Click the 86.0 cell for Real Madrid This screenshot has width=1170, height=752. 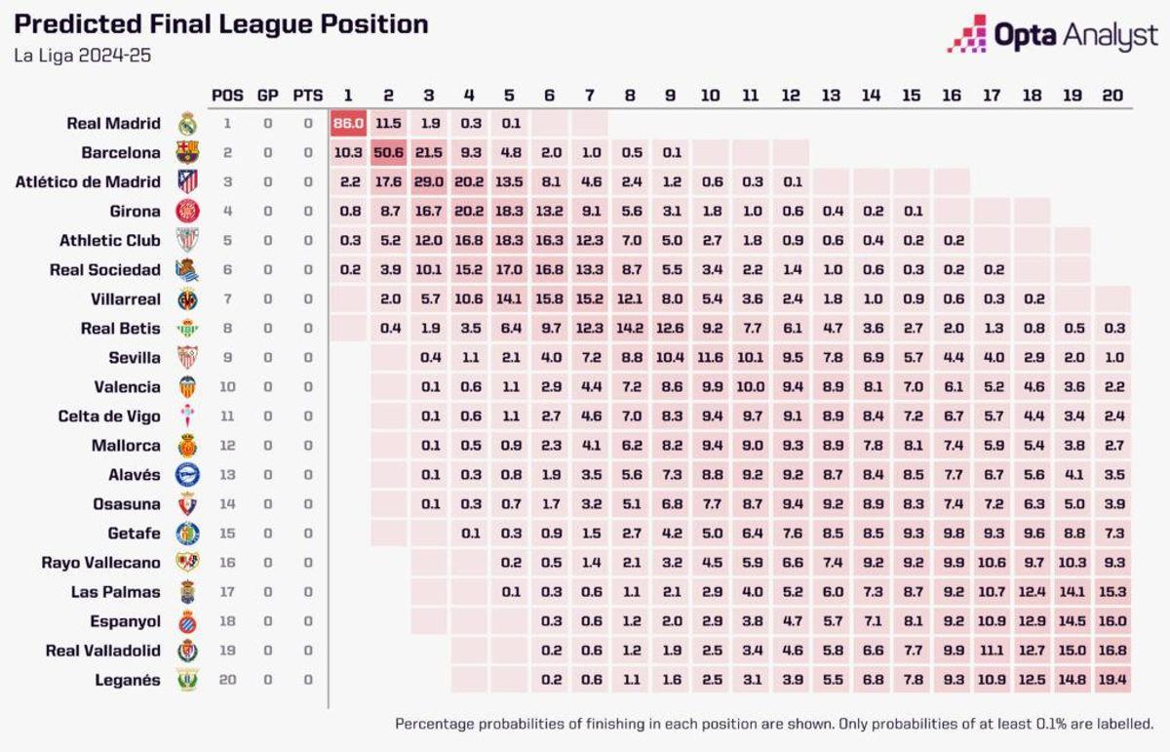pyautogui.click(x=347, y=124)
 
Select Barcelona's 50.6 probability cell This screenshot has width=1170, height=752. pyautogui.click(x=388, y=153)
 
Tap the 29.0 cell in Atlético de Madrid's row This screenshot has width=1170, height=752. pyautogui.click(x=429, y=182)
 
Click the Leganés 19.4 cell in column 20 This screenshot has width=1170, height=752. pyautogui.click(x=1111, y=680)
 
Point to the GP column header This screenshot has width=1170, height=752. pyautogui.click(x=267, y=96)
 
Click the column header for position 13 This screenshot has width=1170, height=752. pyautogui.click(x=831, y=96)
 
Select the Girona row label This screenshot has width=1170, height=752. pyautogui.click(x=136, y=212)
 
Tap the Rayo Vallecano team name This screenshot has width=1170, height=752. pyautogui.click(x=100, y=563)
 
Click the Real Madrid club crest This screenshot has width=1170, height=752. pyautogui.click(x=187, y=124)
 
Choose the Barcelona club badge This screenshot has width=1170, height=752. pyautogui.click(x=187, y=153)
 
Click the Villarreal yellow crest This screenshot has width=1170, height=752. pyautogui.click(x=187, y=299)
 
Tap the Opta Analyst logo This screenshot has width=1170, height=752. pyautogui.click(x=1053, y=35)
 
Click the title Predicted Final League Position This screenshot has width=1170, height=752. pyautogui.click(x=220, y=23)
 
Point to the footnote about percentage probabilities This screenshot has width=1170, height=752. pyautogui.click(x=774, y=724)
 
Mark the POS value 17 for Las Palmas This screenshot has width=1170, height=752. pyautogui.click(x=227, y=592)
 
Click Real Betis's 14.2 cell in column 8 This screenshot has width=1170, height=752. pyautogui.click(x=630, y=329)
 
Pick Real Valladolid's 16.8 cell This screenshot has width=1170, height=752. pyautogui.click(x=1111, y=651)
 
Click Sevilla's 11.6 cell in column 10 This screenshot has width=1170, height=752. pyautogui.click(x=711, y=358)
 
